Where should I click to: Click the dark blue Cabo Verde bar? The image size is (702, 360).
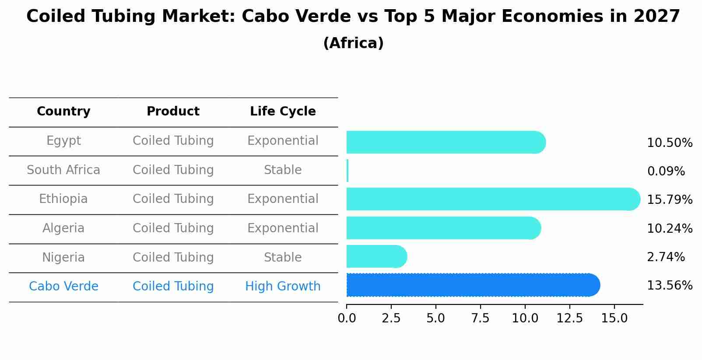tap(473, 285)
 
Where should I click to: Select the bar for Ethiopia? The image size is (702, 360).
tap(492, 199)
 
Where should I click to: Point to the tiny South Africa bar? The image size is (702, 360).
tap(347, 171)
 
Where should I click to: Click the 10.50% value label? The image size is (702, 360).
tap(669, 143)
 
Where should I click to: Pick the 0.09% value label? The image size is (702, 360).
tap(666, 171)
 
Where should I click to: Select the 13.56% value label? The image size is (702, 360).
tap(669, 286)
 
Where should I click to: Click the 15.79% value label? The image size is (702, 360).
tap(669, 200)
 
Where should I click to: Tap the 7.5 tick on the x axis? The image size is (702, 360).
tap(480, 318)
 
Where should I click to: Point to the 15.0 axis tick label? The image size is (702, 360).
tap(614, 318)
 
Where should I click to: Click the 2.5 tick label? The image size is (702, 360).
tap(391, 318)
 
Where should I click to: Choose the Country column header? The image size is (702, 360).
tap(63, 112)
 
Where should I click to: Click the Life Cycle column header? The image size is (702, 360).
tap(283, 112)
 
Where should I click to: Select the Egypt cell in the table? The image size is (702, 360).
tap(63, 141)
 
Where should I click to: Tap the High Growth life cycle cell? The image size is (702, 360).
tap(283, 287)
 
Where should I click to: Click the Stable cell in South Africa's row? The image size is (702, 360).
tap(283, 170)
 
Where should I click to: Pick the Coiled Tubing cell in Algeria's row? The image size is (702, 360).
tap(173, 228)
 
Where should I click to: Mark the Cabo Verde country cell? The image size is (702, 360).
tap(63, 287)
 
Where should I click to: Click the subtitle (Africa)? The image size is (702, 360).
tap(353, 43)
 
